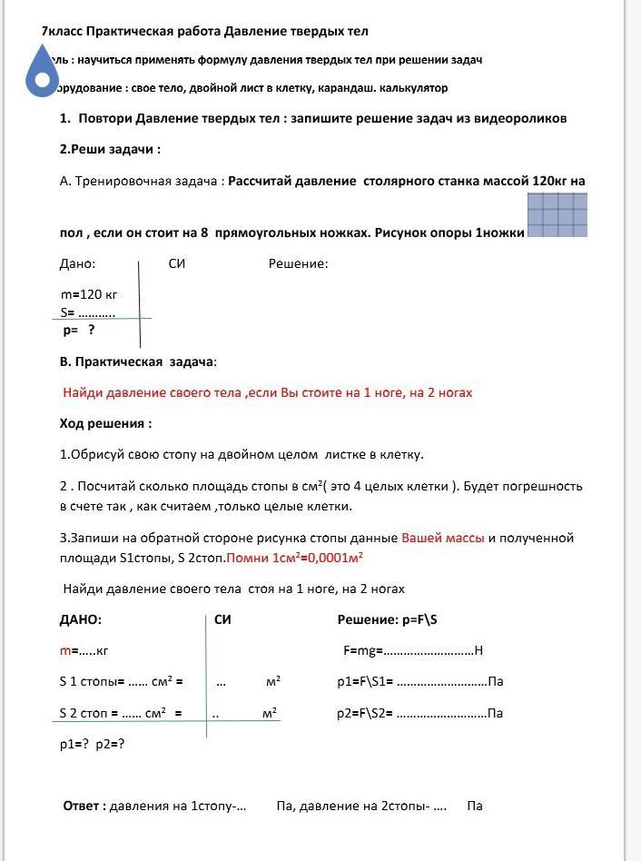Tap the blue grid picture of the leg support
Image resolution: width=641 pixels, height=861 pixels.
(557, 214)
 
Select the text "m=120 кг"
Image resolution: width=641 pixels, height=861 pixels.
(89, 294)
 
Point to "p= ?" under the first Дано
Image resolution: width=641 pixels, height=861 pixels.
(79, 331)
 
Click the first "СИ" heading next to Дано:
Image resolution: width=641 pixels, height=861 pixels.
(177, 264)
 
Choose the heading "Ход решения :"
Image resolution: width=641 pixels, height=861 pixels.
(105, 423)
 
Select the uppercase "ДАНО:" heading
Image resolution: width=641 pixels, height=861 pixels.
(81, 619)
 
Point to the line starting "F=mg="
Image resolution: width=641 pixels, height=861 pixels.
(412, 650)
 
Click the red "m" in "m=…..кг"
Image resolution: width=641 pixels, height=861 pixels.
(64, 651)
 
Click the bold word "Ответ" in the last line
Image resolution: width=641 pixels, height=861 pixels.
(84, 806)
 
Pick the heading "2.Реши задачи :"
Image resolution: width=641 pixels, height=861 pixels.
(110, 149)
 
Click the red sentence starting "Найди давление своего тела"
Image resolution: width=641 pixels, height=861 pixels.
(267, 392)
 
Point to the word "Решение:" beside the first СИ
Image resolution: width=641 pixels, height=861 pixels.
(298, 264)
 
